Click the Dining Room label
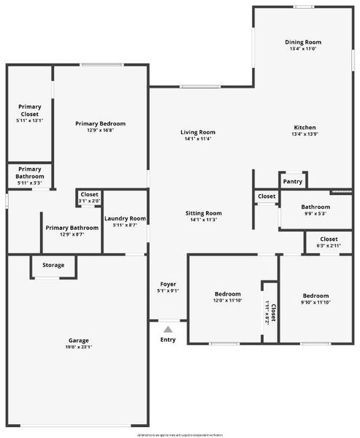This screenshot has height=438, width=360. click(x=303, y=42)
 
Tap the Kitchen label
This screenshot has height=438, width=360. click(x=304, y=127)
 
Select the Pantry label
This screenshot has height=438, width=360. click(x=292, y=181)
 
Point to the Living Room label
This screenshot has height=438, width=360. click(x=198, y=132)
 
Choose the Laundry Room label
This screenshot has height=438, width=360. click(x=125, y=218)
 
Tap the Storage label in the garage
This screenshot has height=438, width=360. click(x=53, y=265)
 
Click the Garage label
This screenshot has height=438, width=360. click(x=79, y=340)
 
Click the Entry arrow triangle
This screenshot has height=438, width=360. click(x=168, y=330)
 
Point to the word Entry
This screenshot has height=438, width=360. click(x=168, y=339)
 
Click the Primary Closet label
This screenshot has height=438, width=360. click(x=30, y=110)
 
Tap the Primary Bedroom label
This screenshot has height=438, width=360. click(x=100, y=123)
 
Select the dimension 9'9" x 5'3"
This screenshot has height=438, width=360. click(x=305, y=214)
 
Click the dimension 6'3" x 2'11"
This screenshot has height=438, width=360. click(x=329, y=246)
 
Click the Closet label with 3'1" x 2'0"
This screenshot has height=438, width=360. click(x=89, y=201)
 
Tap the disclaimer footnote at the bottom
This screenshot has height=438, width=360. click(x=180, y=434)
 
